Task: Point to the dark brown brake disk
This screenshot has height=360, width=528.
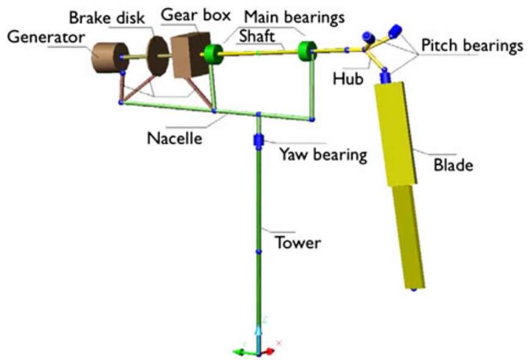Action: [x=158, y=57]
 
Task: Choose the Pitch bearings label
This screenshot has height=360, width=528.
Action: [x=470, y=46]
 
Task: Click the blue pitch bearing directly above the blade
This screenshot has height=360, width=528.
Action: [x=385, y=77]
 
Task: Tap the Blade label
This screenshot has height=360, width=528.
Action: [x=453, y=164]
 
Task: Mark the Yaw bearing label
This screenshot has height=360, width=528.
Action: [x=323, y=155]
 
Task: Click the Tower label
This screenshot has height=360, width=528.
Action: [x=298, y=242]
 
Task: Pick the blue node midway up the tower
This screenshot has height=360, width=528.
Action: [x=258, y=251]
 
